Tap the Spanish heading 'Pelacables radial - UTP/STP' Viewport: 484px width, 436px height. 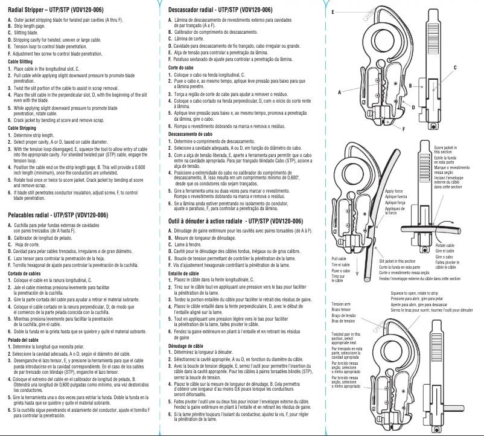pyautogui.click(x=58, y=215)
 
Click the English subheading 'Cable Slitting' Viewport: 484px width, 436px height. pyautogui.click(x=20, y=62)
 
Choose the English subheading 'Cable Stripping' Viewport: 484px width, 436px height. pyautogui.click(x=21, y=128)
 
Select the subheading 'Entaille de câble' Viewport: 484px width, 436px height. pyautogui.click(x=183, y=274)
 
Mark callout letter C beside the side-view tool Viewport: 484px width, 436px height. pyautogui.click(x=455, y=67)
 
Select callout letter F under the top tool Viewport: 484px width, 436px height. pyautogui.click(x=403, y=129)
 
